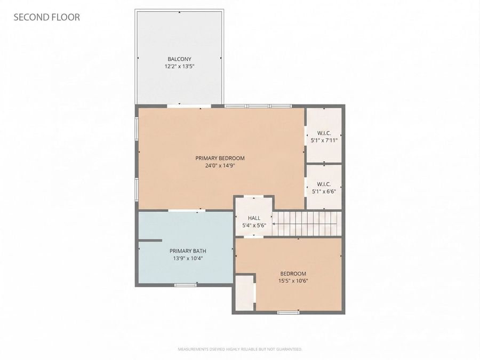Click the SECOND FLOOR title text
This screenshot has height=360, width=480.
coord(46,17)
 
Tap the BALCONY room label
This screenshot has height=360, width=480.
coord(179,59)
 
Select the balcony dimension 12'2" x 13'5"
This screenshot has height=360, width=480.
coord(179,67)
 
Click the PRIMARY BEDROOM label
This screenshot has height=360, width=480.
coord(220,158)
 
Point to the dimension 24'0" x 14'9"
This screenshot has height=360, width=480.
coord(220,166)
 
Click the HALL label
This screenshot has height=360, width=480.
coord(254,218)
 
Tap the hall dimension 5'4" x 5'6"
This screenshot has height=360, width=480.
coord(254,225)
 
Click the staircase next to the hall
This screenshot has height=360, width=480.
coord(307,223)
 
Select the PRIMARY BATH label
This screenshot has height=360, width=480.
coord(188,251)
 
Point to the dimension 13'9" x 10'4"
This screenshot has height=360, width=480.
coord(188,258)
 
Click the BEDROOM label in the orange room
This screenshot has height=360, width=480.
coord(293,273)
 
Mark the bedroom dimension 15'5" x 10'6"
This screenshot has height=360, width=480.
coord(293,281)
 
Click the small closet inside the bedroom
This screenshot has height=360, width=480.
coord(244,292)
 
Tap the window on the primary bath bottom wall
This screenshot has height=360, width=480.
coord(186,285)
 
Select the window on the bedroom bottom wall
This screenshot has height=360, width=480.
coord(288,312)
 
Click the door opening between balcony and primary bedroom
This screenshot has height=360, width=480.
coord(181,106)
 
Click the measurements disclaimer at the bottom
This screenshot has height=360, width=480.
coord(240,349)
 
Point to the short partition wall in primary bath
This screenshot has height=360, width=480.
coord(150,241)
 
